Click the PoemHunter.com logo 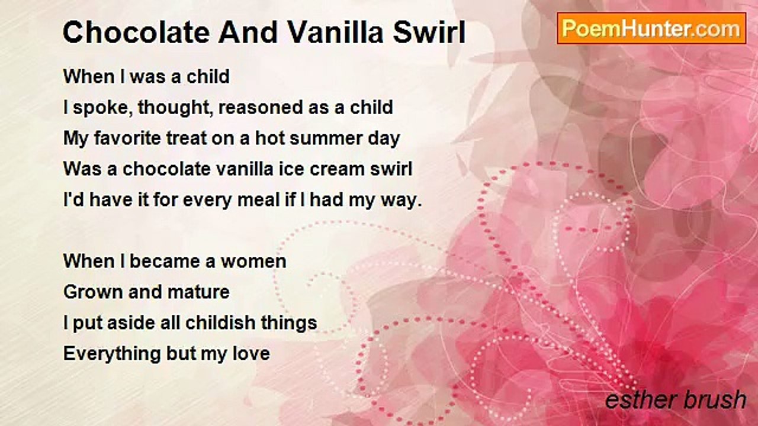[651, 28]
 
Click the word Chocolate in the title [136, 33]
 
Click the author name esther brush [676, 399]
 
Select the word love [251, 354]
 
